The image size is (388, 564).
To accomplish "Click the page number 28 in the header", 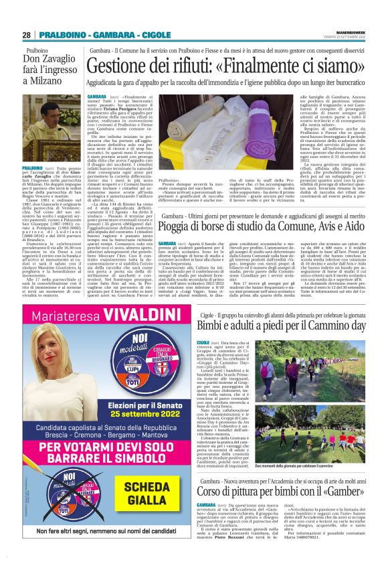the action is [27, 35].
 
